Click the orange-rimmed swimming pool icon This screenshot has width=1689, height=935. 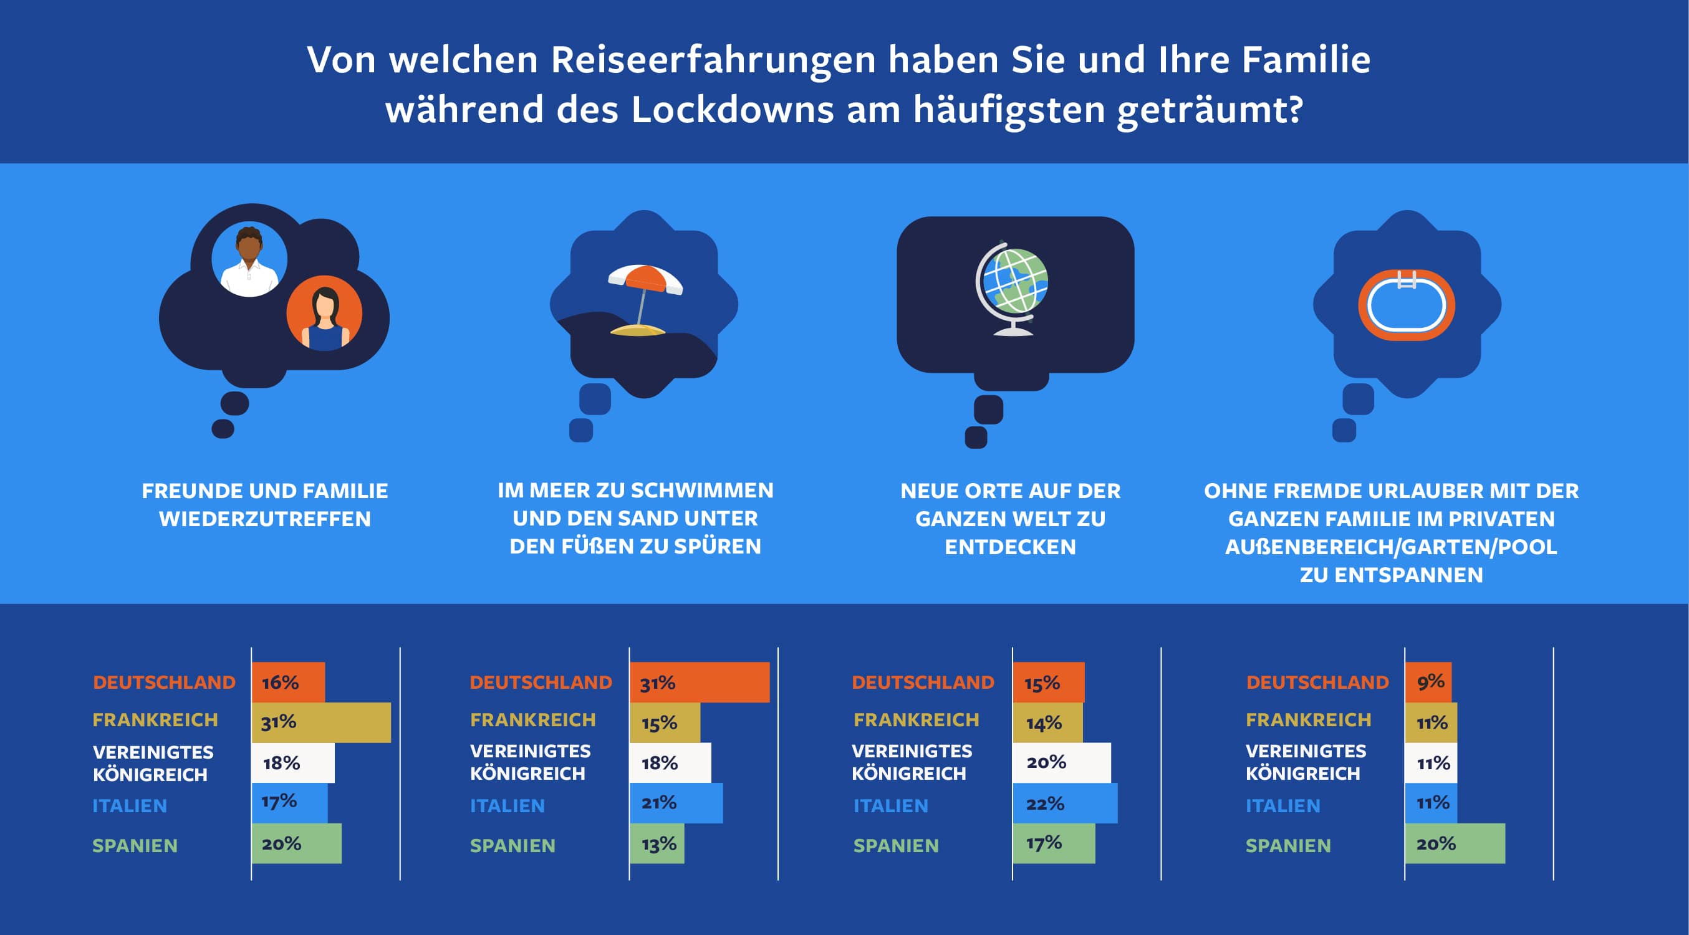click(x=1407, y=305)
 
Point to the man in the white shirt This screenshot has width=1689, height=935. click(x=249, y=261)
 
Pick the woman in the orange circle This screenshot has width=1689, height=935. click(x=325, y=314)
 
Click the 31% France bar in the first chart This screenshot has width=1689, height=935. click(x=321, y=722)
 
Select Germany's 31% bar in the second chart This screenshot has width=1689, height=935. click(x=700, y=683)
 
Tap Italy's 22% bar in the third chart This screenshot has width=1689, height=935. click(x=1065, y=803)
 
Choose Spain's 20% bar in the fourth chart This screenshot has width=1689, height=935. click(x=1455, y=843)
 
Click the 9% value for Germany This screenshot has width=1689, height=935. click(x=1430, y=682)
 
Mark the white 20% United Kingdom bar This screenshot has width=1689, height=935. click(x=1062, y=762)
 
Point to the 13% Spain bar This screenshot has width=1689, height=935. click(x=657, y=843)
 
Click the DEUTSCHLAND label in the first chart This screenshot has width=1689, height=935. click(x=164, y=683)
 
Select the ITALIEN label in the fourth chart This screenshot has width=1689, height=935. click(x=1282, y=806)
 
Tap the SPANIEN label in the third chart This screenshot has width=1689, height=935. click(x=896, y=846)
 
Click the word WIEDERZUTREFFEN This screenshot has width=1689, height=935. click(x=265, y=519)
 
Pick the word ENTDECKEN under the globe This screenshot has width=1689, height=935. click(x=1011, y=547)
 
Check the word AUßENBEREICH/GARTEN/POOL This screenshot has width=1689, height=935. click(x=1391, y=547)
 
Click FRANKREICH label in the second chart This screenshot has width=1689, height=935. click(x=532, y=720)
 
